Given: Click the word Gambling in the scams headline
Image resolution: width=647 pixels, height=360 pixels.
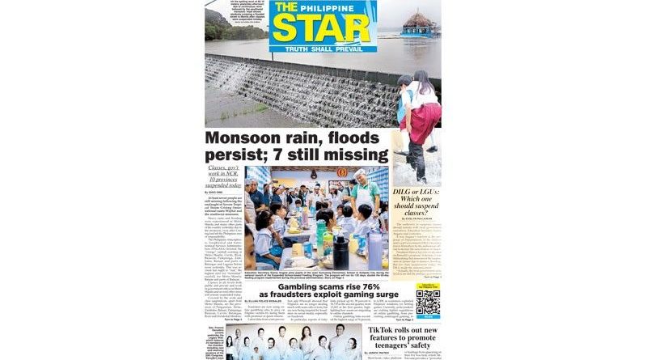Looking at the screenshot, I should point(300,286).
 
